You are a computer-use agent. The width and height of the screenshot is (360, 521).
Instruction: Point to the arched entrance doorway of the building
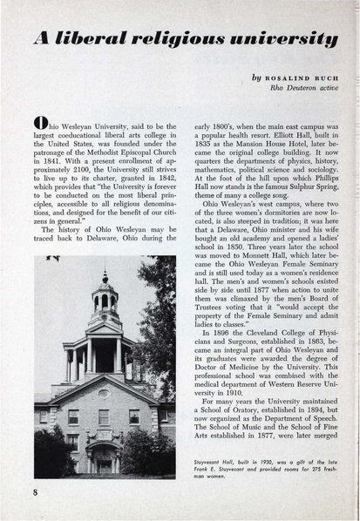coord(103,457)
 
